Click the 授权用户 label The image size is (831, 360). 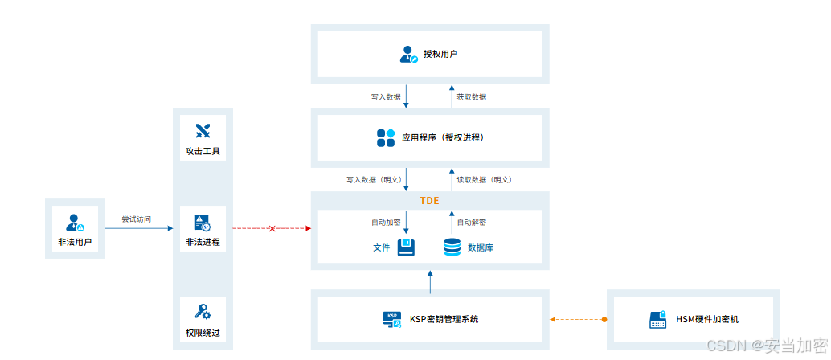point(440,55)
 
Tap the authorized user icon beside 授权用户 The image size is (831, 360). point(408,55)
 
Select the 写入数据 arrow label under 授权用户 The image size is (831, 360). point(386,96)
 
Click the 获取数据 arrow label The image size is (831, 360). point(471,96)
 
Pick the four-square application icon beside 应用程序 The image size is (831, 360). point(386,137)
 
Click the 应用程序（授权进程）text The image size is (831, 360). point(443,137)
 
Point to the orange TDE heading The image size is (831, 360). point(429,199)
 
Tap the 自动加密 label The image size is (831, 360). point(385,222)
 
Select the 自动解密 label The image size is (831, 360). point(471,222)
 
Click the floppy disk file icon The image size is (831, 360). point(406,247)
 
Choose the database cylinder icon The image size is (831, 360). point(452,247)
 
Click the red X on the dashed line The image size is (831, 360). point(272,229)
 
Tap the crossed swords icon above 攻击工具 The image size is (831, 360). point(203,131)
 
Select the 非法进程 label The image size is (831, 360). point(203,241)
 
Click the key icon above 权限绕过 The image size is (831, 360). point(203,312)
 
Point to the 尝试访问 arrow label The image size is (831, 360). point(136,219)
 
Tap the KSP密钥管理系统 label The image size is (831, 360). point(444,319)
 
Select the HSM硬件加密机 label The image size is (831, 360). point(706,319)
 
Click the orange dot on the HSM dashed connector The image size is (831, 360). point(604,320)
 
